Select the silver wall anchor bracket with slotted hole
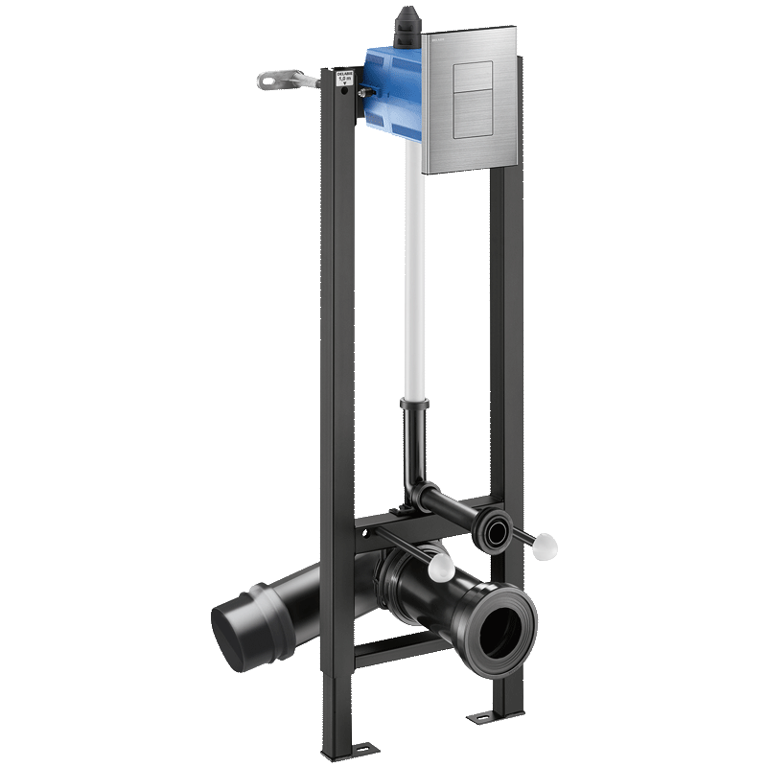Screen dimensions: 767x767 tap(283, 81)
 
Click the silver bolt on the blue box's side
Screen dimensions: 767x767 tap(364, 94)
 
